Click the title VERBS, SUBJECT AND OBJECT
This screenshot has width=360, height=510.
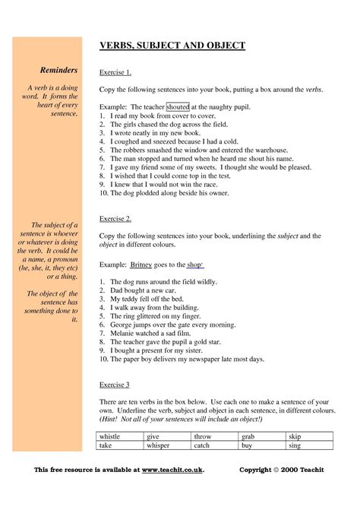point(172,46)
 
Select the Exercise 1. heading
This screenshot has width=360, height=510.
point(115,73)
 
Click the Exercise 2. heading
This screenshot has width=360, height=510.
point(115,219)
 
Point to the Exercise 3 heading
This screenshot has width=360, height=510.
point(115,384)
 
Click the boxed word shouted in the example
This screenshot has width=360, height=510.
point(177,107)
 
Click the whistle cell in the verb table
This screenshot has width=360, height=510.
point(110,437)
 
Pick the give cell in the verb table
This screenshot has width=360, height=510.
point(153,437)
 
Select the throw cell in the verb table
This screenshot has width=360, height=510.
point(203,437)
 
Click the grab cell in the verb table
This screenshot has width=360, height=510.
point(248,437)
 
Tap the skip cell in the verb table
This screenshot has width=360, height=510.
point(294,437)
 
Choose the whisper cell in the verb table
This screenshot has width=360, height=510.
point(157,446)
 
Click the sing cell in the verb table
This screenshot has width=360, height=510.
point(294,446)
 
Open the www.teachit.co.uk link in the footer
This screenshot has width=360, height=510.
point(172,470)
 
